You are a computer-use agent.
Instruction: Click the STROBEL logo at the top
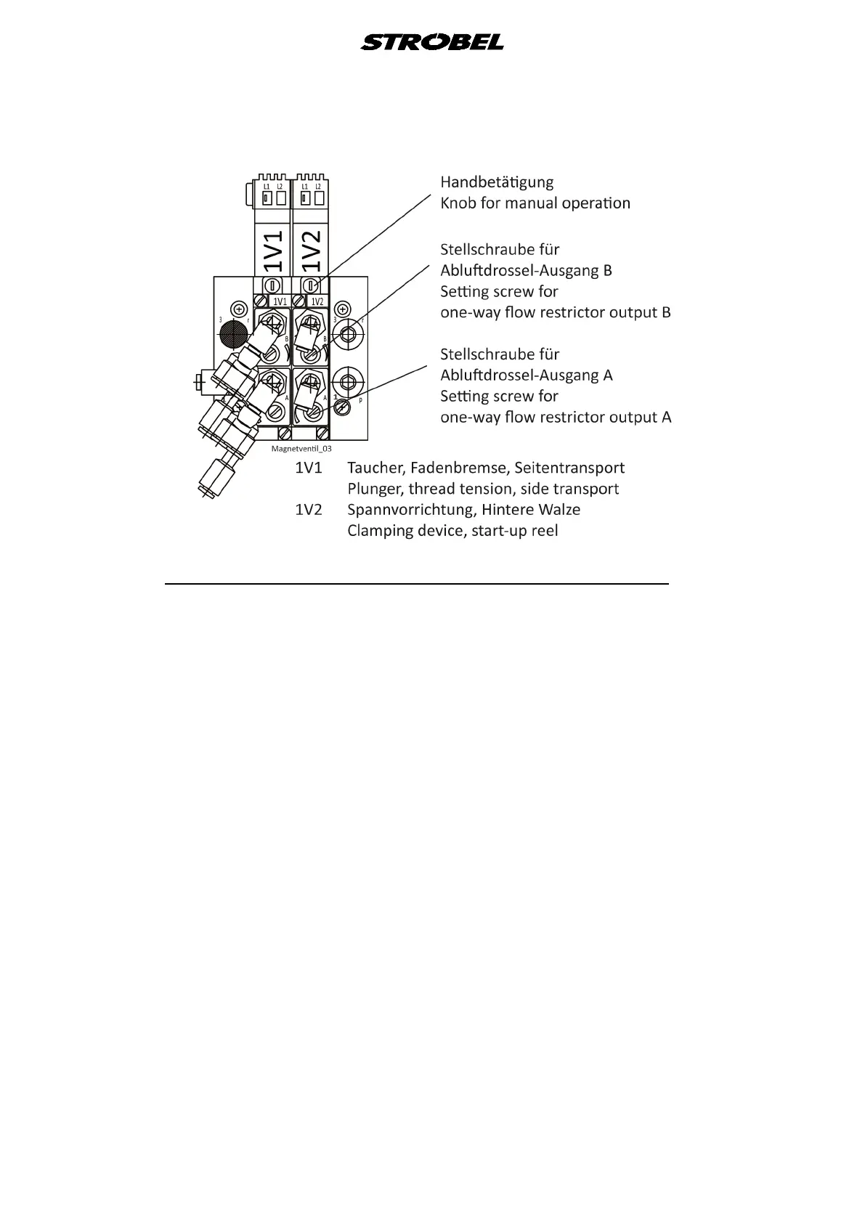[x=432, y=42]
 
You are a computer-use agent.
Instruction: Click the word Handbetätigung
[x=497, y=182]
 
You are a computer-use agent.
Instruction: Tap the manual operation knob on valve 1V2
[x=311, y=284]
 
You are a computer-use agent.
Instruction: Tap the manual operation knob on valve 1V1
[x=273, y=284]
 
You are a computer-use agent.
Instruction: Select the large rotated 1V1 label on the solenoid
[x=272, y=251]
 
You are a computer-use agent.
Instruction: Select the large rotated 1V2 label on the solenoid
[x=310, y=251]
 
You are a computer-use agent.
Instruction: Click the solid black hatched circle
[x=234, y=335]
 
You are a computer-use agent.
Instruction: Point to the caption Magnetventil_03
[x=301, y=450]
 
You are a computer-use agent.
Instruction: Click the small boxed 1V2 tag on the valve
[x=317, y=301]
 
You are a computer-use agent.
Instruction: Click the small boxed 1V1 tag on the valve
[x=280, y=301]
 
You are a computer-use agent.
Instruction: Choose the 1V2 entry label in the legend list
[x=308, y=510]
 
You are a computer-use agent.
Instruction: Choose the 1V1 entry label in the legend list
[x=308, y=468]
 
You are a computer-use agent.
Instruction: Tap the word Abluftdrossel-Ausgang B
[x=526, y=270]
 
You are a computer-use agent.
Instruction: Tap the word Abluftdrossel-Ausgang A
[x=526, y=375]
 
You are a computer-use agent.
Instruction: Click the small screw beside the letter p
[x=342, y=407]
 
